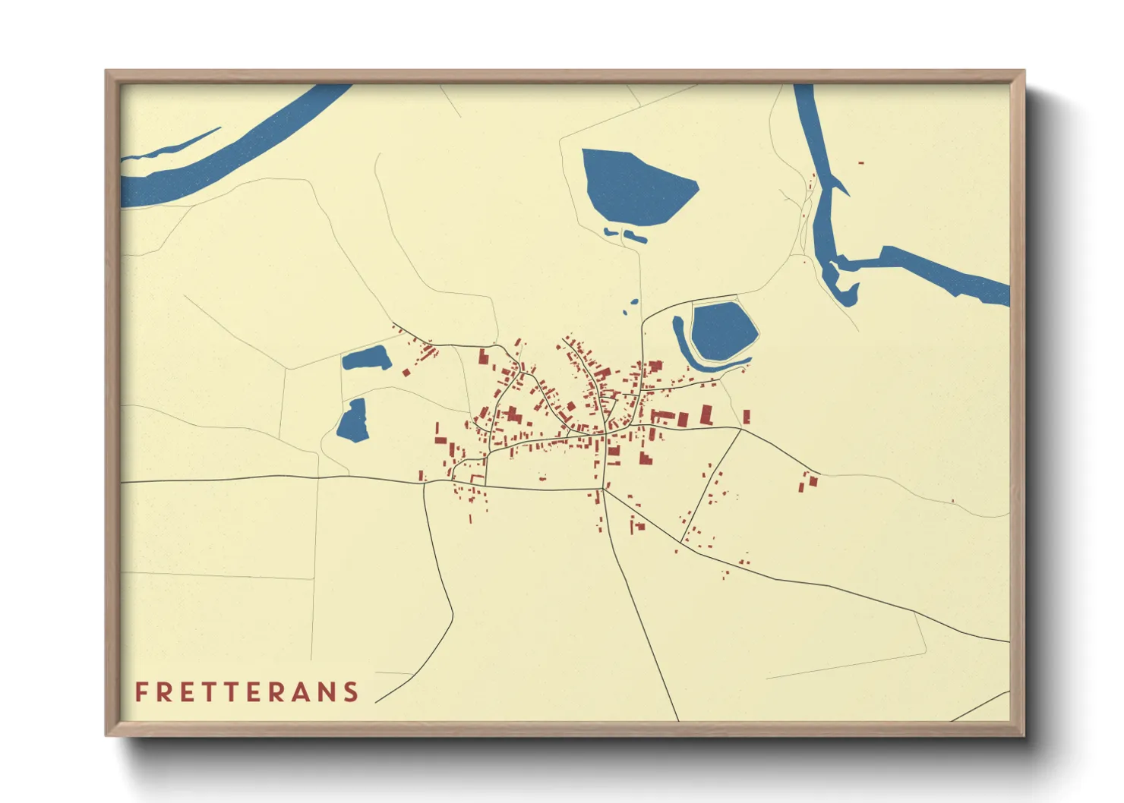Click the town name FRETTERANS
pyautogui.click(x=247, y=691)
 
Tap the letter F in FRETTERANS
pyautogui.click(x=141, y=691)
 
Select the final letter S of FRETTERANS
pyautogui.click(x=351, y=691)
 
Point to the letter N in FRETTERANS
pyautogui.click(x=327, y=691)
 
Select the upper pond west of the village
pyautogui.click(x=366, y=357)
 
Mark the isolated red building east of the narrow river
pyautogui.click(x=860, y=162)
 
